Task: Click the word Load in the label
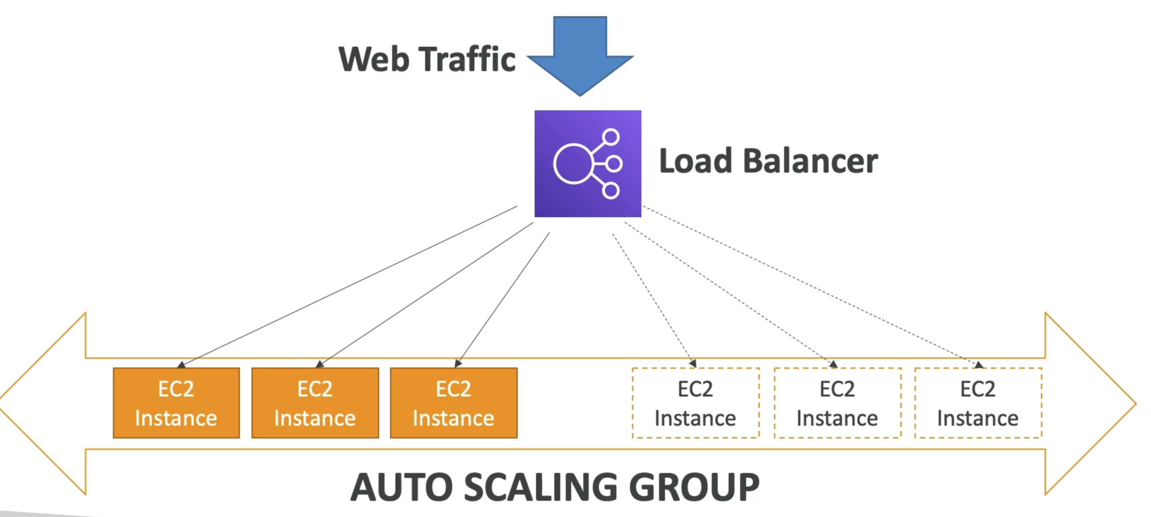click(695, 161)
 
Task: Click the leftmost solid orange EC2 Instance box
click(176, 403)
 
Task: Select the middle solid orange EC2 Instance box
click(315, 403)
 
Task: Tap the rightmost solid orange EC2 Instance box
click(454, 403)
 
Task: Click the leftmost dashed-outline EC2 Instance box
click(695, 403)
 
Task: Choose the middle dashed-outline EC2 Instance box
click(837, 403)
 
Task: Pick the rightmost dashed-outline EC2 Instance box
click(978, 403)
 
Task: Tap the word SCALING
click(541, 488)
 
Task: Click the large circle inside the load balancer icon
click(573, 164)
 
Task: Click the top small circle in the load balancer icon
click(610, 137)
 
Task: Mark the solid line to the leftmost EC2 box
click(348, 286)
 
